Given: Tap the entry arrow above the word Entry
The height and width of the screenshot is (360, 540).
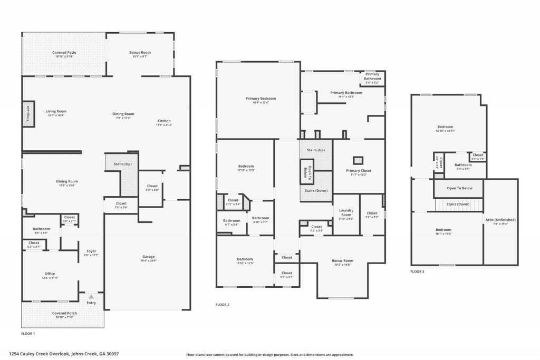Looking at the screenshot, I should tap(91, 297).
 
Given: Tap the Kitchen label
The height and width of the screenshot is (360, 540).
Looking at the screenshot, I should tap(164, 122).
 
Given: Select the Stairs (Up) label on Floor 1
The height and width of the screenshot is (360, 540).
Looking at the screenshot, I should tap(122, 164).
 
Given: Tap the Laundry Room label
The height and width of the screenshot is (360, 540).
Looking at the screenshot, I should tap(346, 213).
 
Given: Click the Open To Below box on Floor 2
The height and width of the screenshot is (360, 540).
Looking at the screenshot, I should tap(307, 172).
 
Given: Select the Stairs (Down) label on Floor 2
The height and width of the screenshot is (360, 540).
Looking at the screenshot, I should tap(315, 190).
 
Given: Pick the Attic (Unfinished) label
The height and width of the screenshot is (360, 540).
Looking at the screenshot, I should tap(500, 221).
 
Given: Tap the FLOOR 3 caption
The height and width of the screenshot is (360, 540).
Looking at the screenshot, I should tap(417, 271).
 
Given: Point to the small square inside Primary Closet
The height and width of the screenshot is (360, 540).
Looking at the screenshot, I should tap(358, 159).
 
